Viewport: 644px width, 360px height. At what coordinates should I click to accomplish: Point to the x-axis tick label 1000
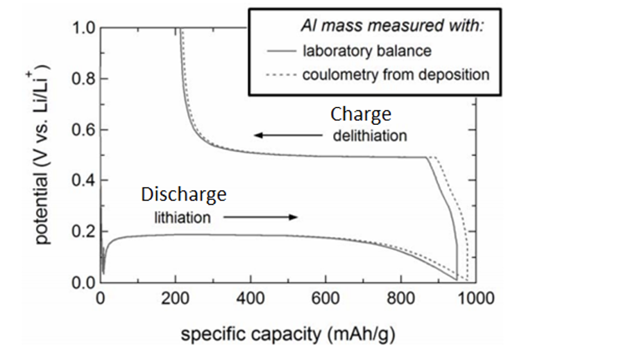coord(476,300)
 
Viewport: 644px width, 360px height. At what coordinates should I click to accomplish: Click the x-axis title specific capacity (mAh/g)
coord(288,335)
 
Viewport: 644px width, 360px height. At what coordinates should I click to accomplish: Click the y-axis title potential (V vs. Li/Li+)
coord(43,154)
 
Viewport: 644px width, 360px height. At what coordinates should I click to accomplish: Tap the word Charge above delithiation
coord(360,114)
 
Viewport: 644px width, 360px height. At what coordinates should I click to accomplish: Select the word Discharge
coord(183,195)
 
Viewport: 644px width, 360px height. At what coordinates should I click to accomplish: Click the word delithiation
coord(369,135)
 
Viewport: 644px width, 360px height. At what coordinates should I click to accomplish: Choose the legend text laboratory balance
coord(366,51)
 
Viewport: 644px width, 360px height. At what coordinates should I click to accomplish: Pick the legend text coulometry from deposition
coord(396,74)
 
